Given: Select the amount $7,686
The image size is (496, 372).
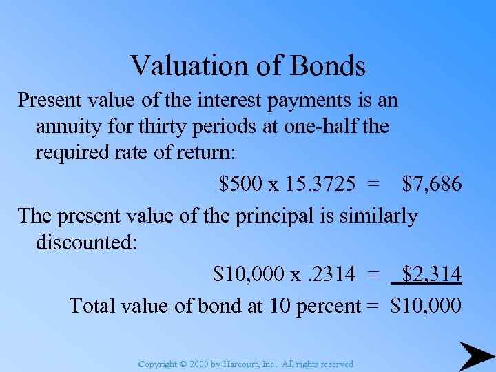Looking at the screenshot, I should tap(432, 184).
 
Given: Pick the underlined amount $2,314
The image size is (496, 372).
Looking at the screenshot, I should tap(432, 274).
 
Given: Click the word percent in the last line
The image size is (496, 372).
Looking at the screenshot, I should tap(328, 304).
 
